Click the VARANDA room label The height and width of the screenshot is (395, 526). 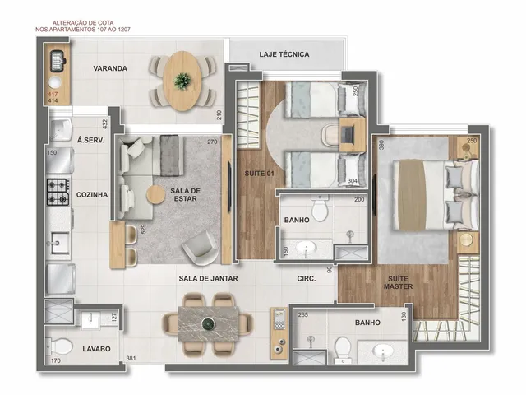[110, 68]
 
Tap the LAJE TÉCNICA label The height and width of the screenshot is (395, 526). [284, 54]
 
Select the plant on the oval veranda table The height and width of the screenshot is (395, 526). [182, 81]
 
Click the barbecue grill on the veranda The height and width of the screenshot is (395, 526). [58, 61]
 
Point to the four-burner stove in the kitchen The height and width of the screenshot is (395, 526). [58, 192]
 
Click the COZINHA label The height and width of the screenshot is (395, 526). [92, 195]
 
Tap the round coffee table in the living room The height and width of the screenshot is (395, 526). [156, 194]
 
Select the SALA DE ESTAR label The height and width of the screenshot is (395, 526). [185, 195]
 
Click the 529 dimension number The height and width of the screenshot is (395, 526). [144, 229]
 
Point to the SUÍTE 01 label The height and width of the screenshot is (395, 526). [260, 174]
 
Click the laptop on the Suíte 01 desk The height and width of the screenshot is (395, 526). [348, 134]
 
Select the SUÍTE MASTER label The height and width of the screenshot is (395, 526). [398, 282]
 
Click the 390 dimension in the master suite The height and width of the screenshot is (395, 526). [381, 145]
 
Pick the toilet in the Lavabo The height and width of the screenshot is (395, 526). [59, 346]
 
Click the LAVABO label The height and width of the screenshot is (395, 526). [97, 349]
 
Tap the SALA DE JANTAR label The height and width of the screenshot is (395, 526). [208, 278]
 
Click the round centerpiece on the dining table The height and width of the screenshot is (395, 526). [208, 323]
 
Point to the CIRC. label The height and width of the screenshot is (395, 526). [307, 278]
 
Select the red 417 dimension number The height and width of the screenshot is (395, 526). [53, 95]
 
